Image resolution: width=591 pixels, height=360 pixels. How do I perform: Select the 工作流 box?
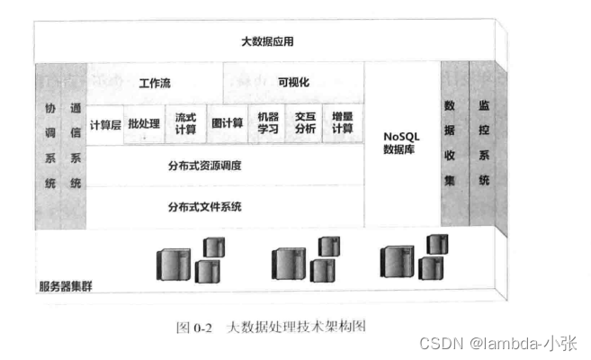155,82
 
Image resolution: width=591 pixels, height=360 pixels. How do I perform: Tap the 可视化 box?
293,82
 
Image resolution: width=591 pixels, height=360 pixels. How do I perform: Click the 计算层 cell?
105,123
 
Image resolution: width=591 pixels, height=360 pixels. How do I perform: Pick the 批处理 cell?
144,123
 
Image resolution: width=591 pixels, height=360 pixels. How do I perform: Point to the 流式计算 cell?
185,123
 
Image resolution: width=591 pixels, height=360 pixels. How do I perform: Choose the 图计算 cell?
227,123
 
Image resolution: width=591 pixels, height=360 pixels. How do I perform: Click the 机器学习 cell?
268,123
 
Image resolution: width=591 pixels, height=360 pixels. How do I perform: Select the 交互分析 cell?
305,123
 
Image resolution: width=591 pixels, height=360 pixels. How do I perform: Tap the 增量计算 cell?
343,123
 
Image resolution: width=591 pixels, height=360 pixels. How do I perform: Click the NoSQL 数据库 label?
401,143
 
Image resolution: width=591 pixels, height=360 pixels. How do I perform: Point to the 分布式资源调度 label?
205,166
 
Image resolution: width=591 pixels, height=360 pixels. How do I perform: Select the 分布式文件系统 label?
205,207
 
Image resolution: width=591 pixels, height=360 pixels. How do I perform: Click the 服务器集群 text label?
66,287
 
